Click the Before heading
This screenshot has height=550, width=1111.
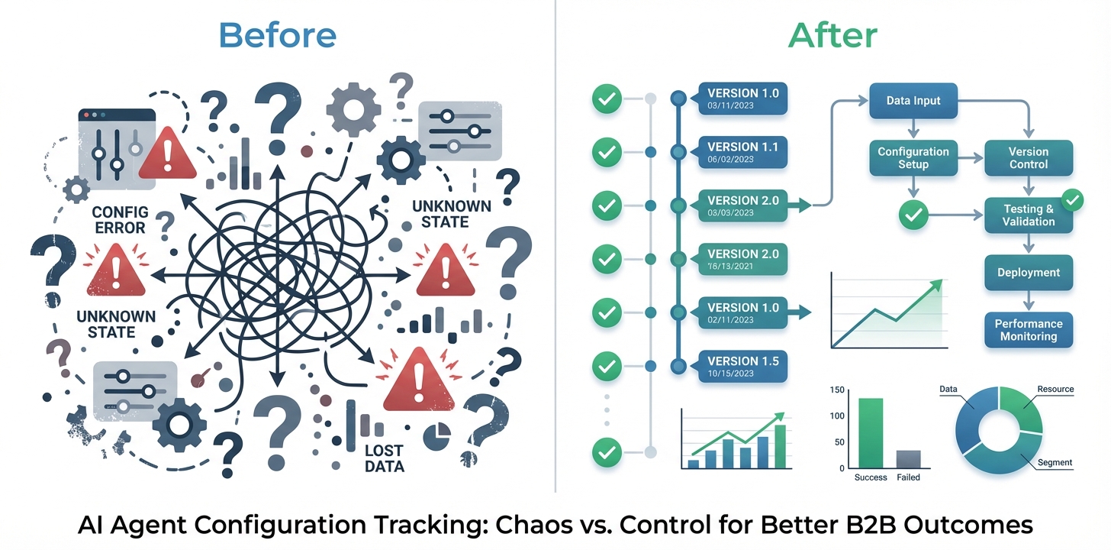277,35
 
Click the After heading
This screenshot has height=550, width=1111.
832,35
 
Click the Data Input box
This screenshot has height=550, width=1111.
913,101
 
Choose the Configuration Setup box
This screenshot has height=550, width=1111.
913,158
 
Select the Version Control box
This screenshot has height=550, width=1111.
1028,158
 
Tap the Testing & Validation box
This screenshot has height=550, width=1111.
1028,215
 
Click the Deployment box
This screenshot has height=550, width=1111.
1028,273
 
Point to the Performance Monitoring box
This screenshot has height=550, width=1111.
1028,330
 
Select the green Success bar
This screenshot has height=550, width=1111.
871,432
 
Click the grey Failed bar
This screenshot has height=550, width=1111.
908,458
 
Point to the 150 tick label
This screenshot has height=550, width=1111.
837,390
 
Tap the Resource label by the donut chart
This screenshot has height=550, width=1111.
1055,390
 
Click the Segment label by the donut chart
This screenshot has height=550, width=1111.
1055,463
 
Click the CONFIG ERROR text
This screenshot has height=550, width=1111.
119,220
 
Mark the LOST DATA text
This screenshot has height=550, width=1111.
384,458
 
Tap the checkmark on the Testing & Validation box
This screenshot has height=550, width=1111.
1072,200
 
